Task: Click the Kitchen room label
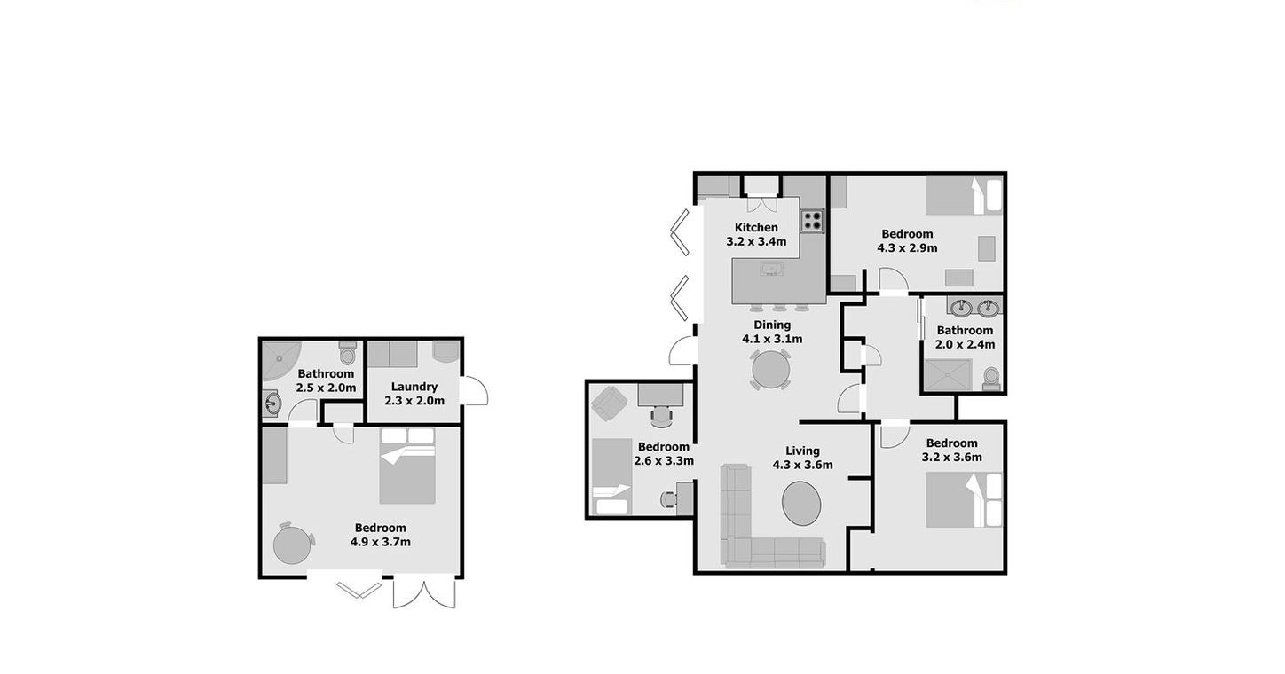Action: tap(756, 228)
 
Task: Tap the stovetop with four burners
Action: tap(812, 221)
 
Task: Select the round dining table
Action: tap(770, 370)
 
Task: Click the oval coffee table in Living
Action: tap(801, 503)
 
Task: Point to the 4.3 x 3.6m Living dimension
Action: tap(802, 465)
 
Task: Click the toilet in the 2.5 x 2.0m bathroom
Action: tap(347, 353)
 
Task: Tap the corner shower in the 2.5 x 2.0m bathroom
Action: tap(281, 361)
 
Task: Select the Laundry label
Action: tap(414, 387)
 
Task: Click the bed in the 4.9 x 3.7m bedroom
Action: tap(407, 466)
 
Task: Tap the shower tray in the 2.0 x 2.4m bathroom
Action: tap(949, 375)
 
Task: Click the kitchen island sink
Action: tap(771, 268)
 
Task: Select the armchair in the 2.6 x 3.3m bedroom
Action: tap(610, 403)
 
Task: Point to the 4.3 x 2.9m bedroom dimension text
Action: tap(907, 248)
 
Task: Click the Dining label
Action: tap(772, 325)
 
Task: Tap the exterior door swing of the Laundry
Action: tap(475, 391)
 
